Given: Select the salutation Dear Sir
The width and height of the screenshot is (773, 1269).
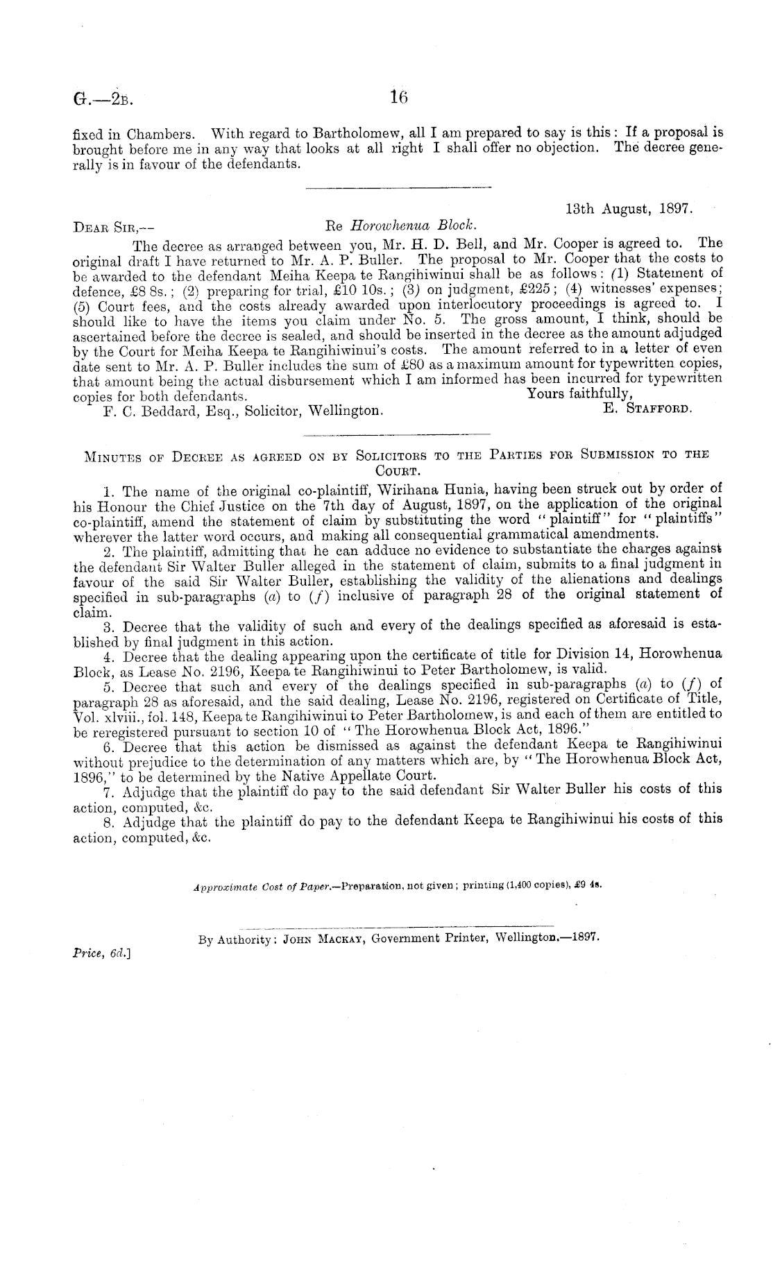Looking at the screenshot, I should point(114,226).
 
